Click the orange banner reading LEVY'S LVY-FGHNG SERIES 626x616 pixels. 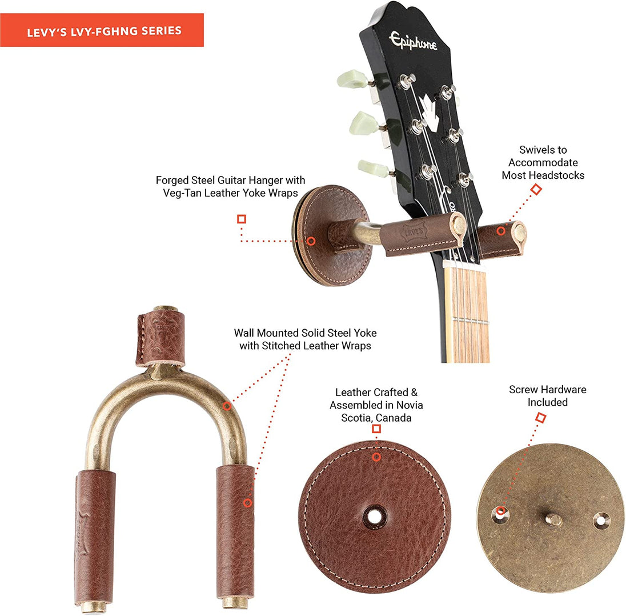pos(102,30)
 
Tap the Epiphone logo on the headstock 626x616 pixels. pos(413,41)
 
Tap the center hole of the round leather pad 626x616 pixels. pos(374,517)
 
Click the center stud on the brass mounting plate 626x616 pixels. pos(553,519)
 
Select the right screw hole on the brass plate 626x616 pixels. pos(601,521)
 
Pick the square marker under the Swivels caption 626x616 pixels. pos(536,189)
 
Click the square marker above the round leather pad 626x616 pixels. pos(376,429)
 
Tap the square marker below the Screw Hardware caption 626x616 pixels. pos(540,418)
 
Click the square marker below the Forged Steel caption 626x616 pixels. pos(241,219)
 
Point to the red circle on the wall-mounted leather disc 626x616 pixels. pos(311,241)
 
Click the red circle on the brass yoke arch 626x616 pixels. pos(227,406)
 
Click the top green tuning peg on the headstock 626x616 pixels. pos(352,79)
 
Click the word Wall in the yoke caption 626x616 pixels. pos(244,333)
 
